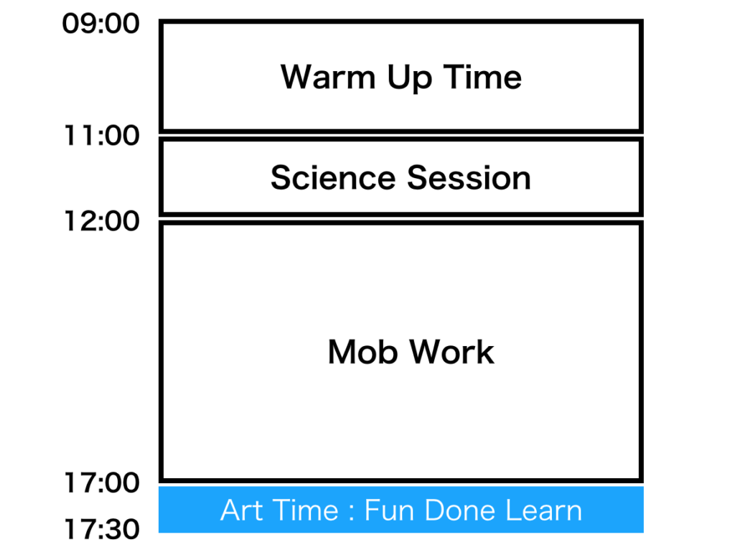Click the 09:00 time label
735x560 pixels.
point(101,24)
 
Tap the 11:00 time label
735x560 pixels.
point(101,135)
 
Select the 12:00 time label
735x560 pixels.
point(101,221)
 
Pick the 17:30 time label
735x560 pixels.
point(101,529)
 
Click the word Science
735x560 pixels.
point(332,177)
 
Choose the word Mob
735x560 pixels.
point(364,352)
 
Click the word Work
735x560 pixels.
point(452,352)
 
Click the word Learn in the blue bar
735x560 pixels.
point(543,510)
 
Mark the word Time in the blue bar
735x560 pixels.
point(299,510)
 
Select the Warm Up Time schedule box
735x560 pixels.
point(401,108)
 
